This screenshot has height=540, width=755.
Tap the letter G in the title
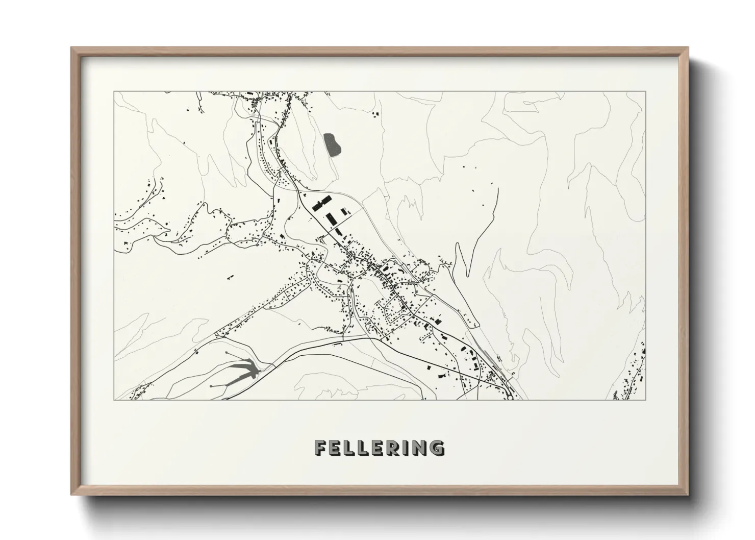pos(437,448)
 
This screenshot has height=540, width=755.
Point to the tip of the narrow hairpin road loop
pos(458,245)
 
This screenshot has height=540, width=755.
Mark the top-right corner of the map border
pos(645,92)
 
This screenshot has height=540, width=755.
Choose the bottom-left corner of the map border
pos(114,400)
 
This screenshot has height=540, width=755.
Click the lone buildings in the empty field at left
pos(229,277)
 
